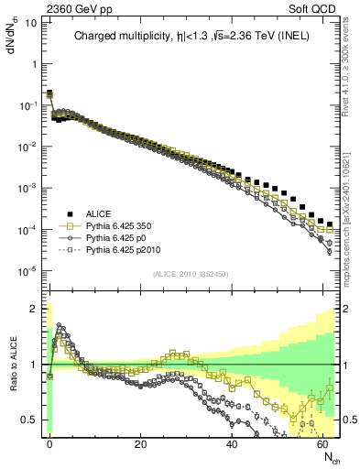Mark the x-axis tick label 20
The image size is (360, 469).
click(x=140, y=443)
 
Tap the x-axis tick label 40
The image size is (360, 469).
click(x=232, y=443)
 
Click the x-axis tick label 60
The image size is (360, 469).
click(x=323, y=443)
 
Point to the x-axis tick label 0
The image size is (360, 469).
click(x=49, y=443)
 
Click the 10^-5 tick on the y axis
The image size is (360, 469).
click(x=28, y=269)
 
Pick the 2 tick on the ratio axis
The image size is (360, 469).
click(x=34, y=308)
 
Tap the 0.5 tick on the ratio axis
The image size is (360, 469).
click(x=30, y=420)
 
